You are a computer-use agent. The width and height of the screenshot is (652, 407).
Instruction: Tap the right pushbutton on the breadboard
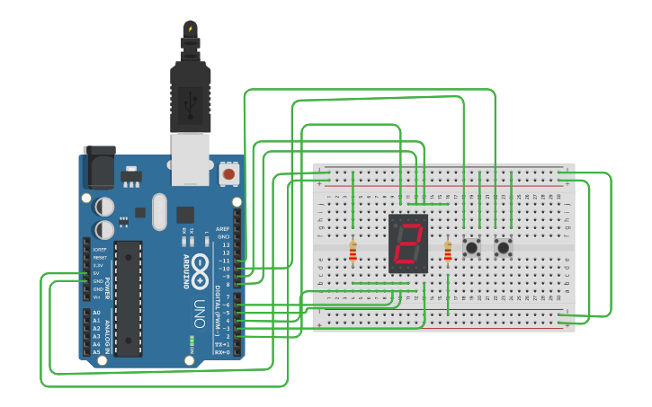(x=503, y=245)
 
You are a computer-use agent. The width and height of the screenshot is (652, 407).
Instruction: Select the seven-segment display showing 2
(x=408, y=244)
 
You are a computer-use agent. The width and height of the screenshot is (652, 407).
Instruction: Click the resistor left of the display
(x=353, y=252)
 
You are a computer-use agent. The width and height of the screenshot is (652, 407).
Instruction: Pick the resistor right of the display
(x=448, y=252)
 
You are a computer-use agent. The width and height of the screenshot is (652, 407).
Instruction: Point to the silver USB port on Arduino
(x=190, y=159)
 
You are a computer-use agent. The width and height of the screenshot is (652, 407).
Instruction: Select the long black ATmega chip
(x=128, y=297)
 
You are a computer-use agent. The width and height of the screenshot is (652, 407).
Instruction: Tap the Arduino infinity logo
(x=201, y=265)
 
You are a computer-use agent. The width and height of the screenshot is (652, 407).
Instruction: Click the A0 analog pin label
(x=97, y=313)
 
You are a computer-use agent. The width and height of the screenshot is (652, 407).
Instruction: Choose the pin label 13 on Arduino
(x=226, y=244)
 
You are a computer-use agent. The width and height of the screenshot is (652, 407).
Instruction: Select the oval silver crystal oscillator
(x=159, y=212)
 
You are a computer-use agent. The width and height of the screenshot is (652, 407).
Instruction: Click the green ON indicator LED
(x=192, y=341)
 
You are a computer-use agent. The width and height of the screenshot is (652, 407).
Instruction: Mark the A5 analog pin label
(x=97, y=352)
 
